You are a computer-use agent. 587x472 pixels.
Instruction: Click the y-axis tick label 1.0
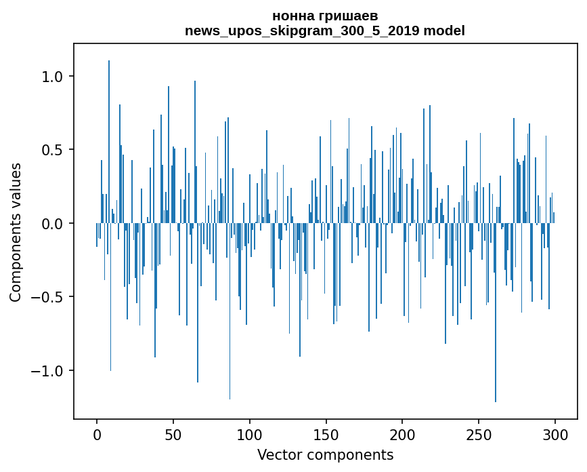point(53,77)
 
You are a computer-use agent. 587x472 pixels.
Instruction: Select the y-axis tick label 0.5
point(53,150)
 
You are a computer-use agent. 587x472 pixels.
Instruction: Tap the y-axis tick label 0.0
point(53,224)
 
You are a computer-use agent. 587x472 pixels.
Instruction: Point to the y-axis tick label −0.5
point(47,297)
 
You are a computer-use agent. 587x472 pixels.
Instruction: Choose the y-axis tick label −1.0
point(47,371)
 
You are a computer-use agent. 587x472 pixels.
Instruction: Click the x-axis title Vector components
point(325,454)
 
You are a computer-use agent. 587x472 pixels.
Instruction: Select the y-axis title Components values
point(16,232)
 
